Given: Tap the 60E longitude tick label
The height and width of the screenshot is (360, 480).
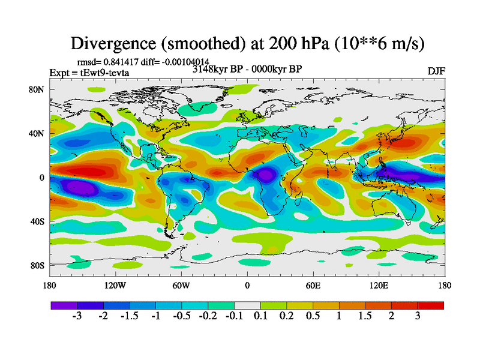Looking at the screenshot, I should (313, 285).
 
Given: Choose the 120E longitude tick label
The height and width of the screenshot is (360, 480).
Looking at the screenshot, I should (379, 285).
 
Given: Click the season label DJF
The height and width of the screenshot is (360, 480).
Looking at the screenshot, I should (436, 71).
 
